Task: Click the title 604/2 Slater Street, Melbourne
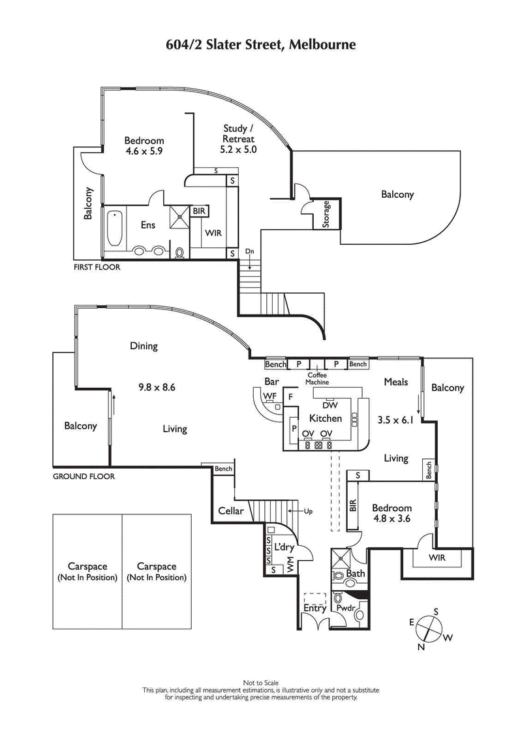coord(261,44)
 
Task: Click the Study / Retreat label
coord(239,138)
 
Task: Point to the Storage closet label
coord(327,213)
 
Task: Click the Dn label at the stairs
coord(249,251)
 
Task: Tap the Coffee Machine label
coord(318,379)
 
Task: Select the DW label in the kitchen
coord(330,405)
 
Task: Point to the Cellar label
coord(230,511)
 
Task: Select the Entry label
coord(315,608)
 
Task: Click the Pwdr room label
coord(345,608)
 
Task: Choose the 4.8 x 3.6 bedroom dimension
coord(391,520)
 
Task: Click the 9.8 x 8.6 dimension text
coord(157,386)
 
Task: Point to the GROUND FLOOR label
coord(84,477)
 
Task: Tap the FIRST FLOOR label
coord(97,266)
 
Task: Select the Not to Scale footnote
coord(261,682)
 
